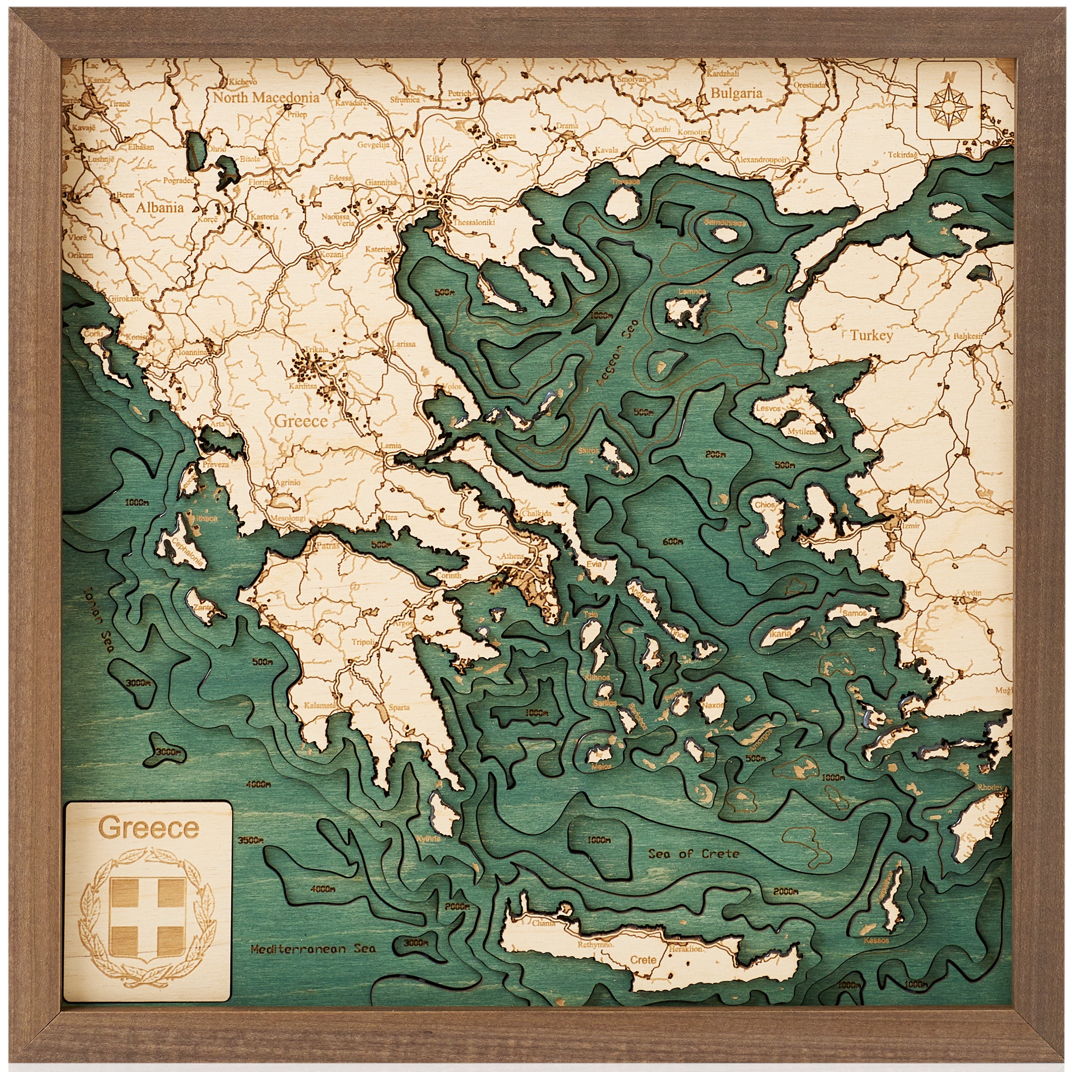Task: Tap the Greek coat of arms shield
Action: [148, 907]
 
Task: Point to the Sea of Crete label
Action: [693, 853]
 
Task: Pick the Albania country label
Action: [160, 207]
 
